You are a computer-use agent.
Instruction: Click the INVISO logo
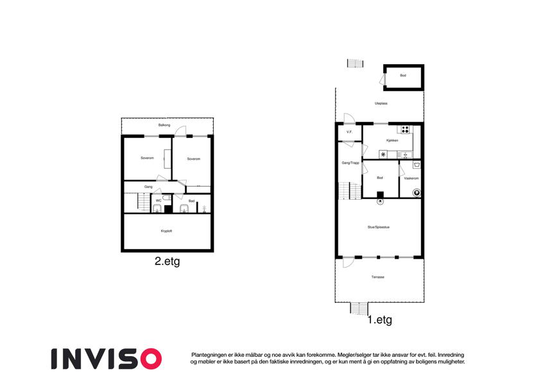tap(107, 359)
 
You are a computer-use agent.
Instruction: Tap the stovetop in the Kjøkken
tap(404, 130)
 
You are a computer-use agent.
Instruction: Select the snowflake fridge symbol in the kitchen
tap(383, 155)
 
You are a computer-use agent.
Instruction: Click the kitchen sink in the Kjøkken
tap(405, 155)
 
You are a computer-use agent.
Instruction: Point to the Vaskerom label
tap(411, 178)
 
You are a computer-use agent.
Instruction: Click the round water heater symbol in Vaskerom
tap(417, 193)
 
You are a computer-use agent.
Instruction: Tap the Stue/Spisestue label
tap(379, 227)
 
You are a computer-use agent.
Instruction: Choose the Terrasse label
tap(378, 277)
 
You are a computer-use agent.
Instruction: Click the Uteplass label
tap(381, 103)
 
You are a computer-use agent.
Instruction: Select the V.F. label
tap(349, 132)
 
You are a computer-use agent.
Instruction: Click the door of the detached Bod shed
tap(383, 79)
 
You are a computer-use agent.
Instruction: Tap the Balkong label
tap(164, 125)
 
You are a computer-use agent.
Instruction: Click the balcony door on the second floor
tap(180, 132)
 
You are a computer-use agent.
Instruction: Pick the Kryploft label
tap(166, 231)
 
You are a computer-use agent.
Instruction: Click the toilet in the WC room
tap(167, 198)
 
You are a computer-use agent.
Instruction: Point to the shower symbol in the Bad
tap(204, 209)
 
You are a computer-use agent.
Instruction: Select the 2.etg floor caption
tap(167, 261)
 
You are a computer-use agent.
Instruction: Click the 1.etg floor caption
tap(380, 320)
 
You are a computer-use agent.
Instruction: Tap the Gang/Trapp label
tap(350, 163)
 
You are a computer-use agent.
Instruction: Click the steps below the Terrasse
tap(359, 308)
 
